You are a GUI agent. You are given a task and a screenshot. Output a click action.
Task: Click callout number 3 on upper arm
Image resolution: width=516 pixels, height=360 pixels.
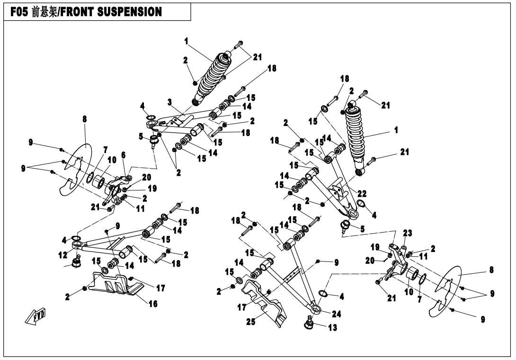(169, 102)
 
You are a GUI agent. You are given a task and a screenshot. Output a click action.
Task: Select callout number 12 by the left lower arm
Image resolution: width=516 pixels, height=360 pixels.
(63, 255)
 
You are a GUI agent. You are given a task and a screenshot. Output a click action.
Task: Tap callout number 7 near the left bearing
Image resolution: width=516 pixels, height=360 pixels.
(105, 150)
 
